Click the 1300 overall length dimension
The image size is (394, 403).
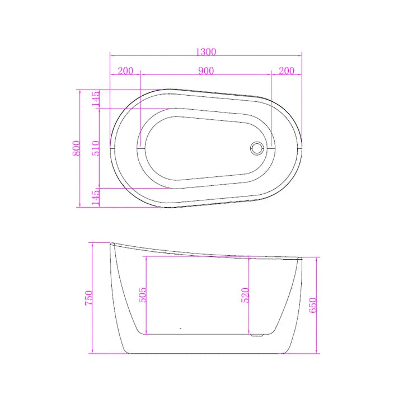206,52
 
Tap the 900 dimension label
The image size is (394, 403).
206,71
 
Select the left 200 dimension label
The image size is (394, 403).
125,71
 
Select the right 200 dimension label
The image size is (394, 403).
287,71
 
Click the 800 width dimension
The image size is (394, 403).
76,148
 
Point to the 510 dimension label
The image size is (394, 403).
95,148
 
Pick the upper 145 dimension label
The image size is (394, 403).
95,99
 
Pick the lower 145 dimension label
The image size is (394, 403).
95,198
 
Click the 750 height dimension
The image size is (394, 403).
88,298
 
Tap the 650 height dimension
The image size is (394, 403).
313,305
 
